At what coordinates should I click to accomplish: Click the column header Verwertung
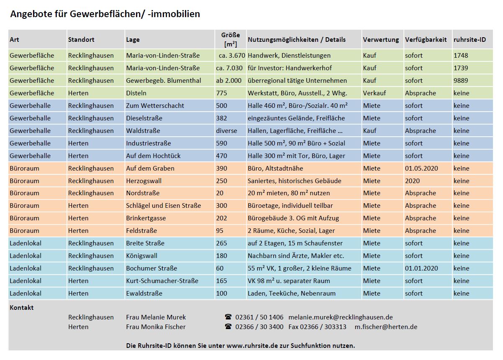tap(381, 40)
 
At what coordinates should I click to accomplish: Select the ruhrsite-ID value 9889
tap(461, 80)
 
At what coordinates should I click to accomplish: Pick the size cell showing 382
tap(221, 118)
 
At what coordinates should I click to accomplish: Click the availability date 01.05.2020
tap(421, 168)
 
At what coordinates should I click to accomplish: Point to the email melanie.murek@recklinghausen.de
tap(340, 317)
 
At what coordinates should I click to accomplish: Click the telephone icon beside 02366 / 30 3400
tap(228, 327)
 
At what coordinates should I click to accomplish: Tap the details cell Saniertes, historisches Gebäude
tap(294, 181)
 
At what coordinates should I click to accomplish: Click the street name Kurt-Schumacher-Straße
tap(162, 281)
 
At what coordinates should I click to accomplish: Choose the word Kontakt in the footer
tap(21, 307)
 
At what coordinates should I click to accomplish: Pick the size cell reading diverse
tap(226, 130)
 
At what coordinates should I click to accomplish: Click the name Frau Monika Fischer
tap(156, 327)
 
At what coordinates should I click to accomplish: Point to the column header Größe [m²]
tap(231, 40)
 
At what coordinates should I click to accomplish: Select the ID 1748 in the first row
tap(461, 55)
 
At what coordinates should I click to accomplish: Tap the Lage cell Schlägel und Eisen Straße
tap(163, 205)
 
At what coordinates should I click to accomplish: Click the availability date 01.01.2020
tap(421, 268)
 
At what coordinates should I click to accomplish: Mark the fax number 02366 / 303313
tap(317, 327)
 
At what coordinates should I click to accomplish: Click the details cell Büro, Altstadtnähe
tap(275, 168)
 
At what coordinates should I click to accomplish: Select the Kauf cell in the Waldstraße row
tap(370, 130)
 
